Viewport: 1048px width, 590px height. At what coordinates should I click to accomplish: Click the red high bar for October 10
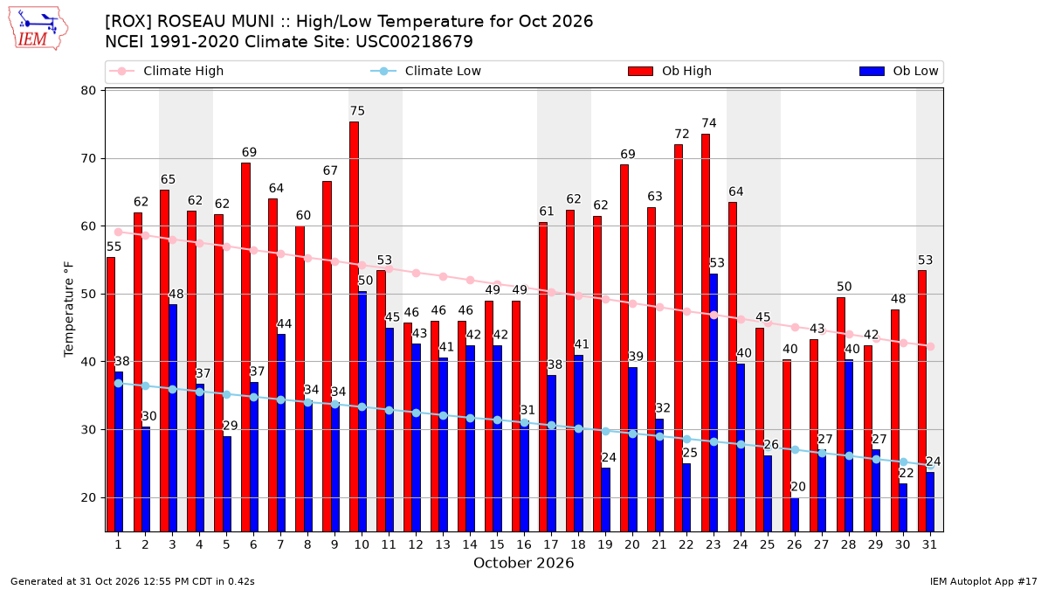coord(355,327)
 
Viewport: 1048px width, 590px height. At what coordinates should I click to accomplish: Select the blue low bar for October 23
coord(714,403)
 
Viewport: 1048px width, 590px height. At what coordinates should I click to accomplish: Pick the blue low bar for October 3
coord(173,418)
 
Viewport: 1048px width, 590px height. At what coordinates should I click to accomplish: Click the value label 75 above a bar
coord(357,111)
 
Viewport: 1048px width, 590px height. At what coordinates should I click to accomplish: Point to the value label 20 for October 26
coord(798,487)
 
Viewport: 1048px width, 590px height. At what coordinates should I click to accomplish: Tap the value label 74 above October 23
coord(709,123)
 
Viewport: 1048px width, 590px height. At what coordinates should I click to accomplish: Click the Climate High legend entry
coord(166,71)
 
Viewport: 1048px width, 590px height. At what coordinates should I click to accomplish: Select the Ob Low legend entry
coord(899,71)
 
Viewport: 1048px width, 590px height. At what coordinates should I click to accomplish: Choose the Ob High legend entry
coord(670,71)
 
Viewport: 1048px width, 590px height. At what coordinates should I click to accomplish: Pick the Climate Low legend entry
coord(426,71)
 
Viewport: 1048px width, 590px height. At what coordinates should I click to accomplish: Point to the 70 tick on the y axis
coord(88,159)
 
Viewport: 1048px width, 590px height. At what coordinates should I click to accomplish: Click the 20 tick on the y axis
coord(88,497)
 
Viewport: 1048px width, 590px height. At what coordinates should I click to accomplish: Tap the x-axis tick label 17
coord(551,545)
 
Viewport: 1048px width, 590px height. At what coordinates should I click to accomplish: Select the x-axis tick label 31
coord(929,545)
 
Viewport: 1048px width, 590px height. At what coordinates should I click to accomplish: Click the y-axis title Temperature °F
coord(69,309)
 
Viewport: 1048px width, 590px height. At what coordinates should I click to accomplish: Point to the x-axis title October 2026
coord(523,563)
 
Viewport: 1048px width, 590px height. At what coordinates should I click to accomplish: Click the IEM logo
coord(38,28)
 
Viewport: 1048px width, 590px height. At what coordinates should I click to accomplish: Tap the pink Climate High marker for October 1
coord(119,233)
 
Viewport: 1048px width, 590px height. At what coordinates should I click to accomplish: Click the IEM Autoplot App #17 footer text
coord(983,581)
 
